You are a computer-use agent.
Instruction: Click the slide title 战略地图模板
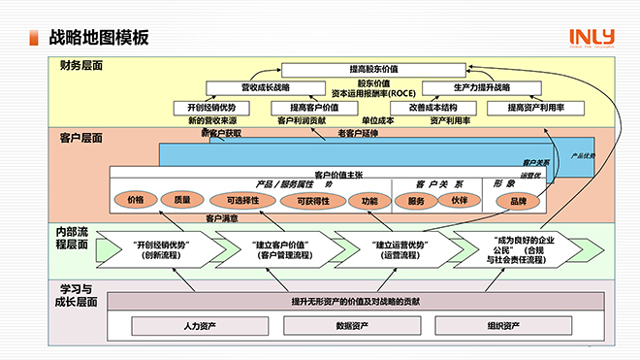[x=99, y=38]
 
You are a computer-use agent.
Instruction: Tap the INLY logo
[x=592, y=37]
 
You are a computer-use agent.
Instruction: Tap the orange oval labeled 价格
[x=136, y=200]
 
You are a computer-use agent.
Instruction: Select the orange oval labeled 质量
[x=182, y=200]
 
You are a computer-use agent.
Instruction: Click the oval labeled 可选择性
[x=242, y=200]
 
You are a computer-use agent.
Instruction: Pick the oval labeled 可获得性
[x=312, y=200]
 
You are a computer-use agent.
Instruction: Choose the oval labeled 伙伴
[x=459, y=200]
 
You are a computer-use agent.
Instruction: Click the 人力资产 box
[x=199, y=325]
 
